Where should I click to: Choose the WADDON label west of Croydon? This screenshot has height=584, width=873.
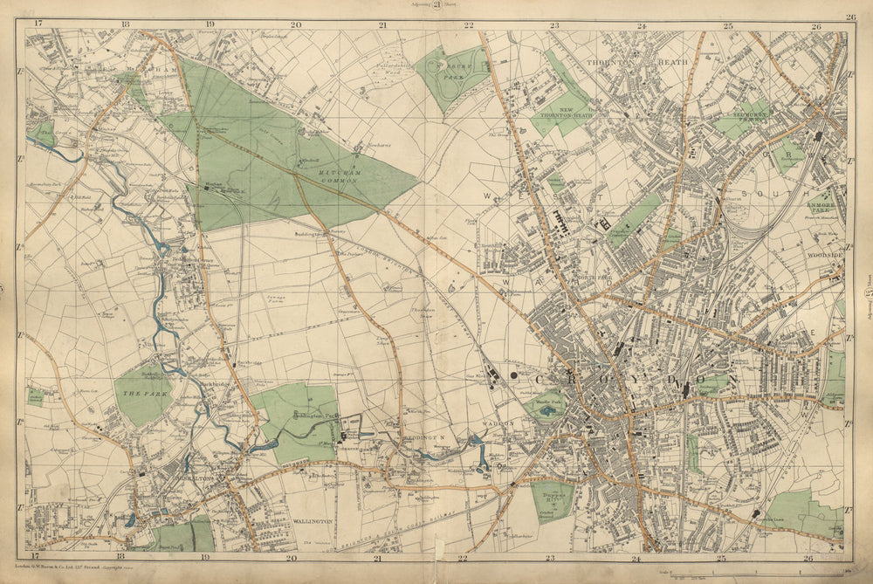498,422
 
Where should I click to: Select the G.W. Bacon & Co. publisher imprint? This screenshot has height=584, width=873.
70,566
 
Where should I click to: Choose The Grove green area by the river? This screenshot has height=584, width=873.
42,137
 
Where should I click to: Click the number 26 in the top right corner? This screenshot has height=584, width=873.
849,17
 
